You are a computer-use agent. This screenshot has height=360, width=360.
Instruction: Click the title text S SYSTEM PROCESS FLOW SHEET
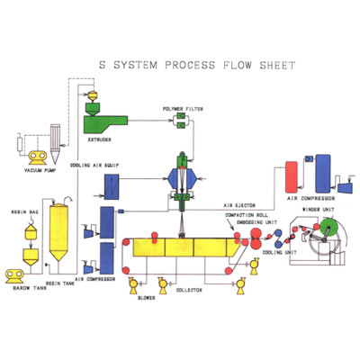click(180, 67)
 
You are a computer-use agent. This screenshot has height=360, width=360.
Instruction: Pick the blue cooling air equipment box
click(115, 185)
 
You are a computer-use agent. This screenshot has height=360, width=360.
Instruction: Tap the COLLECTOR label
click(190, 290)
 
